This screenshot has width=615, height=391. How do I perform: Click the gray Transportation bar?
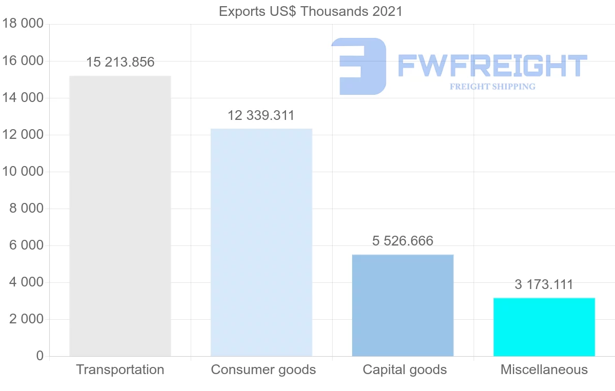[x=120, y=216]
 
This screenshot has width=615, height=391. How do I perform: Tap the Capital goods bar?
[x=403, y=305]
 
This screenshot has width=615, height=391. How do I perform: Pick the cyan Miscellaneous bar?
[x=544, y=327]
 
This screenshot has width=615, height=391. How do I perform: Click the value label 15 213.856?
[x=120, y=63]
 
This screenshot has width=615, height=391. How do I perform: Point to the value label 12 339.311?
[x=261, y=115]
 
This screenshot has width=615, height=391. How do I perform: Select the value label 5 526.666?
[x=403, y=241]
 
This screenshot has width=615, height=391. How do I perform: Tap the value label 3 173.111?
[x=544, y=284]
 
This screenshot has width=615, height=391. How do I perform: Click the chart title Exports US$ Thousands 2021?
[x=311, y=11]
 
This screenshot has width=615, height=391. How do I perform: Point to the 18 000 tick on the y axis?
[x=22, y=24]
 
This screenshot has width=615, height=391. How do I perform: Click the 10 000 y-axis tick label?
[x=22, y=172]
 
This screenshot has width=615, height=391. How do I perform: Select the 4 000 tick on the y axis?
[x=26, y=282]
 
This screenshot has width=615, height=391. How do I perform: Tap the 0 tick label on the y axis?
[x=40, y=356]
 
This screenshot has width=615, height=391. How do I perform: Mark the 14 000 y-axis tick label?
[x=22, y=98]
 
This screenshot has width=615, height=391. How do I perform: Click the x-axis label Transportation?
[x=120, y=369]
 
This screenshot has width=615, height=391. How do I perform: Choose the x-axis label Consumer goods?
[x=263, y=369]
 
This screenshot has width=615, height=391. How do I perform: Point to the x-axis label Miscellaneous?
[x=544, y=369]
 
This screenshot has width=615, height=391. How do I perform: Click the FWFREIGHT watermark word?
[x=492, y=66]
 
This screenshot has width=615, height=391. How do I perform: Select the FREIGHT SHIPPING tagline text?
[x=492, y=87]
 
